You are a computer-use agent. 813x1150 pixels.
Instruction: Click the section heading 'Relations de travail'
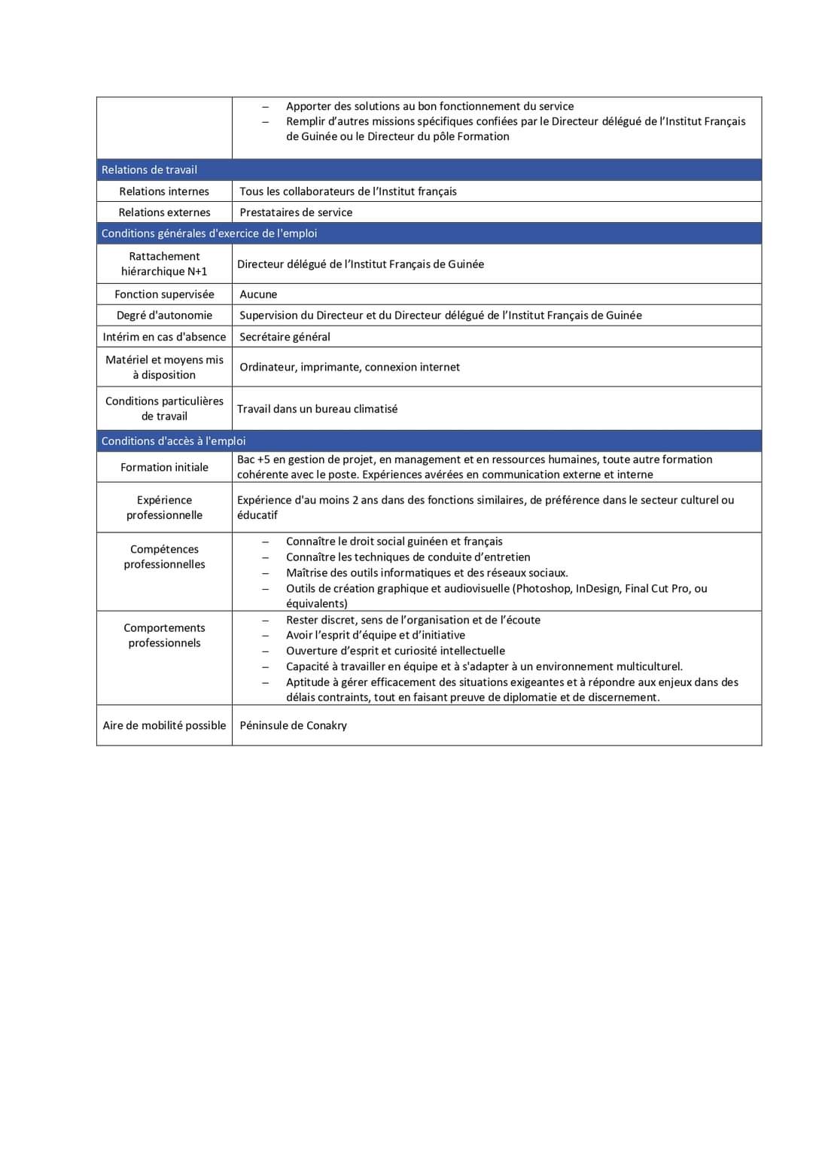click(x=149, y=170)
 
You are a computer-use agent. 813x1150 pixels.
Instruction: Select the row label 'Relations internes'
click(x=164, y=191)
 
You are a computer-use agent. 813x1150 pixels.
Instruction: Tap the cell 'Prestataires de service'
click(x=296, y=212)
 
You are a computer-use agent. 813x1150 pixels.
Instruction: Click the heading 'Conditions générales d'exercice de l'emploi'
click(x=209, y=233)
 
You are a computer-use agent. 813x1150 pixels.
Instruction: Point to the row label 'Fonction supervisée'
click(x=164, y=294)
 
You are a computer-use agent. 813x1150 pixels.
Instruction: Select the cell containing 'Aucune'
click(x=258, y=294)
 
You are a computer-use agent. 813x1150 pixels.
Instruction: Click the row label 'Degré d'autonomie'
click(x=164, y=316)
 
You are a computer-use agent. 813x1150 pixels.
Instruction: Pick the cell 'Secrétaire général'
click(x=285, y=337)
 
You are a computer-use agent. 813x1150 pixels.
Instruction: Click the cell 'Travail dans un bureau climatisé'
click(x=317, y=409)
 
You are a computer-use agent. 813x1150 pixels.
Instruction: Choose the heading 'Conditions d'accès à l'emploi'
click(x=173, y=441)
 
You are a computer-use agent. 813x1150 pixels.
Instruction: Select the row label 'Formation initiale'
click(x=164, y=468)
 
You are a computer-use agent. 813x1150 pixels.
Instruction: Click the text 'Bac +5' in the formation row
click(x=254, y=459)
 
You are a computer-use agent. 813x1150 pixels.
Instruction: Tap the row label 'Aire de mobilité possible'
click(x=164, y=725)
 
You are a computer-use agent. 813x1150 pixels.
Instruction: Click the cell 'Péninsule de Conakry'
click(x=293, y=725)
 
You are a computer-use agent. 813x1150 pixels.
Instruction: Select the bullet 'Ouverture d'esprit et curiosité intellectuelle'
click(x=395, y=651)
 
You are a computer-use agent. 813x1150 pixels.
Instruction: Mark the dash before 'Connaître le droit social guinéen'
click(x=265, y=542)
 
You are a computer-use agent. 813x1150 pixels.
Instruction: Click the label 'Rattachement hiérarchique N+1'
click(x=164, y=264)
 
